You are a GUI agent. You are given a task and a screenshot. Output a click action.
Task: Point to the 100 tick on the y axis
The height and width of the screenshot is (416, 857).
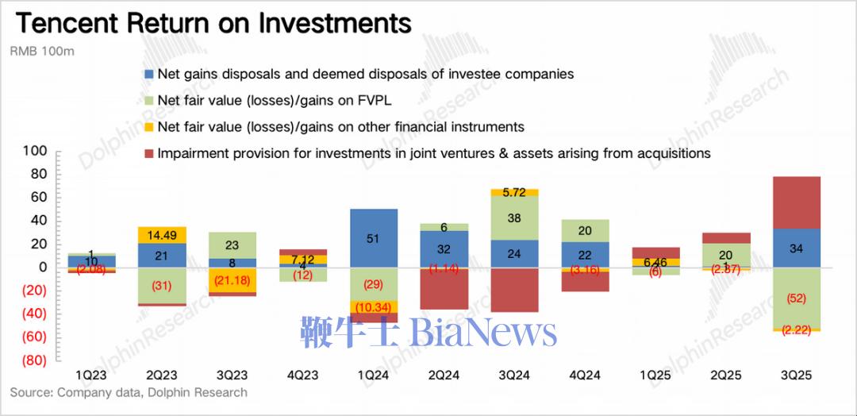point(35,151)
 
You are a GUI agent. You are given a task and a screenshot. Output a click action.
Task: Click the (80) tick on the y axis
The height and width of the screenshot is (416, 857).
point(33,360)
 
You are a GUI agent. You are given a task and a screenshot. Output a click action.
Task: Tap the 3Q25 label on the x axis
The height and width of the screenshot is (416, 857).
point(796,374)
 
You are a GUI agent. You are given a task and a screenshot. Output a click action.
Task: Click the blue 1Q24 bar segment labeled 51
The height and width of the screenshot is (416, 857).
point(374,238)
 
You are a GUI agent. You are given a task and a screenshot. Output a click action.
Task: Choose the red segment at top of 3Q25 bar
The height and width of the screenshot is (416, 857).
point(796,202)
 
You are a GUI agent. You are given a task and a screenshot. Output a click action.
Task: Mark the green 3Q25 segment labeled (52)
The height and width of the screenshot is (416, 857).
point(796,298)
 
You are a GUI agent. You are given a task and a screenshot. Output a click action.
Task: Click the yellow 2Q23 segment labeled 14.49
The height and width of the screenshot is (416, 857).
point(163,235)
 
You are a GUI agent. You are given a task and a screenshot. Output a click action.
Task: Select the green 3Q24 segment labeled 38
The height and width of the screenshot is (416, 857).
point(514,218)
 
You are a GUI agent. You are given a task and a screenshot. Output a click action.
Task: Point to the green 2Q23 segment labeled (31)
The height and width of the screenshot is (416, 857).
point(163,285)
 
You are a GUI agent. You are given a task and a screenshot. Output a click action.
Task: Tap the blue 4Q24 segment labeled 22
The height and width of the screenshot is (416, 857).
point(585,255)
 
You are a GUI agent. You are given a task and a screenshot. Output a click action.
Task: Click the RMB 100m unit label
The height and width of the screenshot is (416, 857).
point(41,52)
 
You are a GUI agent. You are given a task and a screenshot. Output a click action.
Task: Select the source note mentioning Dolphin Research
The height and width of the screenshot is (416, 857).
point(129,392)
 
